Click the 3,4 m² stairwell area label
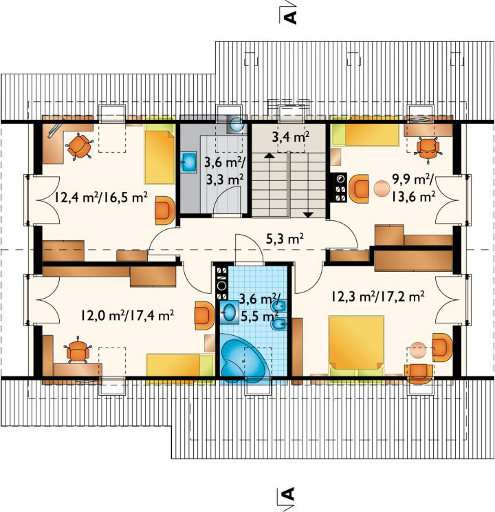290,137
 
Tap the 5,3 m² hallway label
285,239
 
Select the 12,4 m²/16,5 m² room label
101,198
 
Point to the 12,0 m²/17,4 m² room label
127,315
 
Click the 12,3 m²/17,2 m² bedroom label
378,297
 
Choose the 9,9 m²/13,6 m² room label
412,188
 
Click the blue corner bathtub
243,359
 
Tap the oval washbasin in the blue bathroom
229,312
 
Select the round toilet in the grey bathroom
236,125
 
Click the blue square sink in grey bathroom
188,161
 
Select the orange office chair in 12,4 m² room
79,147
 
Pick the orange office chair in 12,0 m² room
77,350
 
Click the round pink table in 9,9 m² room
381,189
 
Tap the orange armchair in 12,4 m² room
165,211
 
